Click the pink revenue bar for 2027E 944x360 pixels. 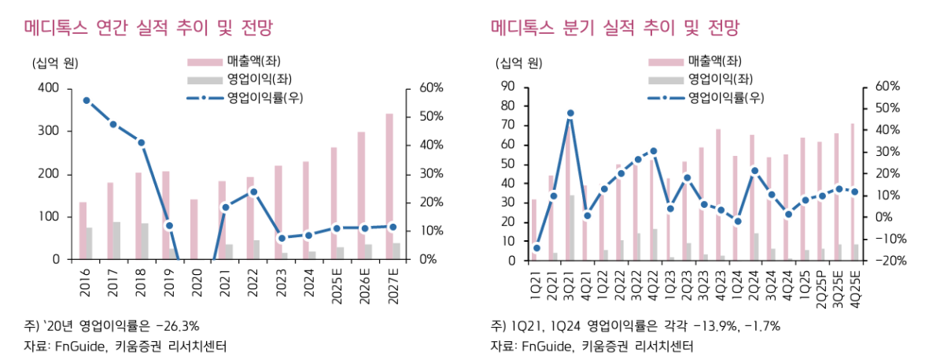(389, 189)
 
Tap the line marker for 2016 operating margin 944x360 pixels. (87, 101)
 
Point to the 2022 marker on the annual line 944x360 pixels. (253, 191)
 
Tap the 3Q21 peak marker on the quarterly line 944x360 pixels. (570, 113)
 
